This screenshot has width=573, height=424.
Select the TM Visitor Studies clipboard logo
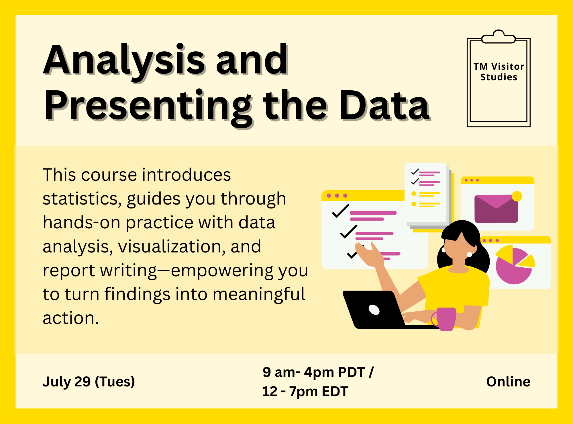point(499,78)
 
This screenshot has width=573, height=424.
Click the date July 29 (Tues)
point(89,382)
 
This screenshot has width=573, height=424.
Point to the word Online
point(508,382)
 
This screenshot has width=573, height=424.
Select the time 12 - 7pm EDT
point(305,391)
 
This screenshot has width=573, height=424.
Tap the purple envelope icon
point(496,209)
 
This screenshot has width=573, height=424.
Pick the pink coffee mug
point(445,319)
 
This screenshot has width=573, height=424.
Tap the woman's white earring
point(469,254)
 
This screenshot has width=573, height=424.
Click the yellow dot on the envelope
point(517,196)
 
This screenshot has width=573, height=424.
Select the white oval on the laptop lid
point(374,310)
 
